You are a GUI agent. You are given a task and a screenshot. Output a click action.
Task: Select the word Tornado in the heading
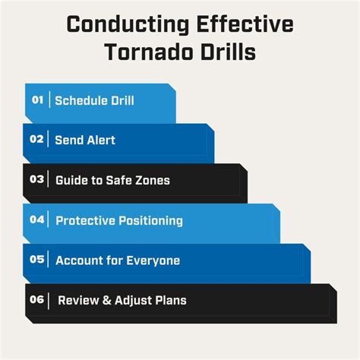[150, 54]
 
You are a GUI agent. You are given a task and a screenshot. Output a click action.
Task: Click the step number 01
[38, 99]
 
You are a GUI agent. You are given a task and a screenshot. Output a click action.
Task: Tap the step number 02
[37, 140]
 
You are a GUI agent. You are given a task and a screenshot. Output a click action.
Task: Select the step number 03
[37, 180]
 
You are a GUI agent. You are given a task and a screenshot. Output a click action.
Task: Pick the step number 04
[37, 220]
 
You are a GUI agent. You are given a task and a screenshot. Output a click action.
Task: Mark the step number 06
[37, 300]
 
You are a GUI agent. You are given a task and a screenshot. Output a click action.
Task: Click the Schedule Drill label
[95, 99]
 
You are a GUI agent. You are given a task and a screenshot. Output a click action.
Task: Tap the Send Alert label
[85, 140]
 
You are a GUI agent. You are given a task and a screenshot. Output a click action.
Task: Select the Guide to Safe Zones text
[112, 180]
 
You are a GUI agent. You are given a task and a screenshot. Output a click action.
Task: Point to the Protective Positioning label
[119, 220]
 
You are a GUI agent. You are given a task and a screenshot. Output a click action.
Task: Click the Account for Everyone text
[118, 261]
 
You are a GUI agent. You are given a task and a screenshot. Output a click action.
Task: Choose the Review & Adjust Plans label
[122, 300]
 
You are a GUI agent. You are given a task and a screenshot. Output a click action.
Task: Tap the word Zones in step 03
[153, 180]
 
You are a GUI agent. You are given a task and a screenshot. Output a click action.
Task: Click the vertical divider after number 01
[50, 99]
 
